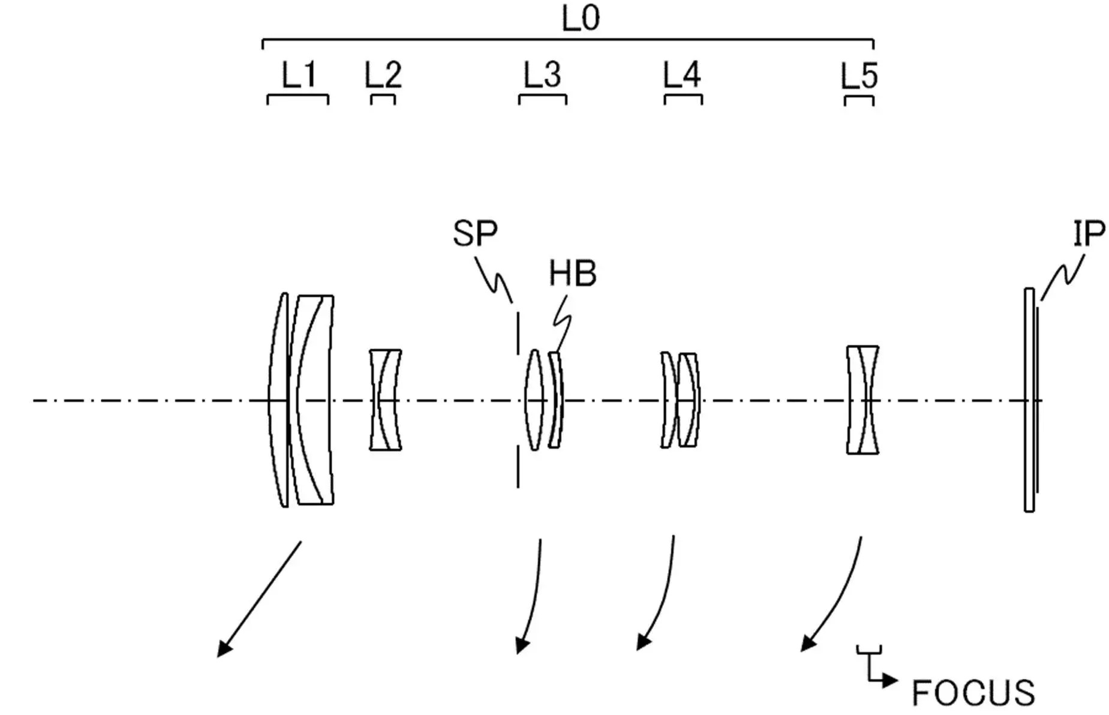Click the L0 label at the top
click(580, 18)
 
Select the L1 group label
click(299, 76)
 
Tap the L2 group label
click(383, 76)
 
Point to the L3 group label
click(542, 76)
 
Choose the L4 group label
click(682, 76)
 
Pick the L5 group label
click(859, 76)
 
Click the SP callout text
click(475, 233)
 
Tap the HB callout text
click(573, 274)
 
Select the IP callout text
click(1089, 233)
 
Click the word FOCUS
click(973, 693)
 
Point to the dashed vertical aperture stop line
click(518, 398)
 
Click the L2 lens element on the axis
click(385, 399)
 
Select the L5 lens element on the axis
click(862, 399)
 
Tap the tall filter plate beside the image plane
click(1029, 400)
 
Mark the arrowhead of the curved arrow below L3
click(522, 645)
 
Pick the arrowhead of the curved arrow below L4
click(643, 642)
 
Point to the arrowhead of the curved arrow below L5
click(808, 643)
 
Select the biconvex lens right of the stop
click(533, 399)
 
